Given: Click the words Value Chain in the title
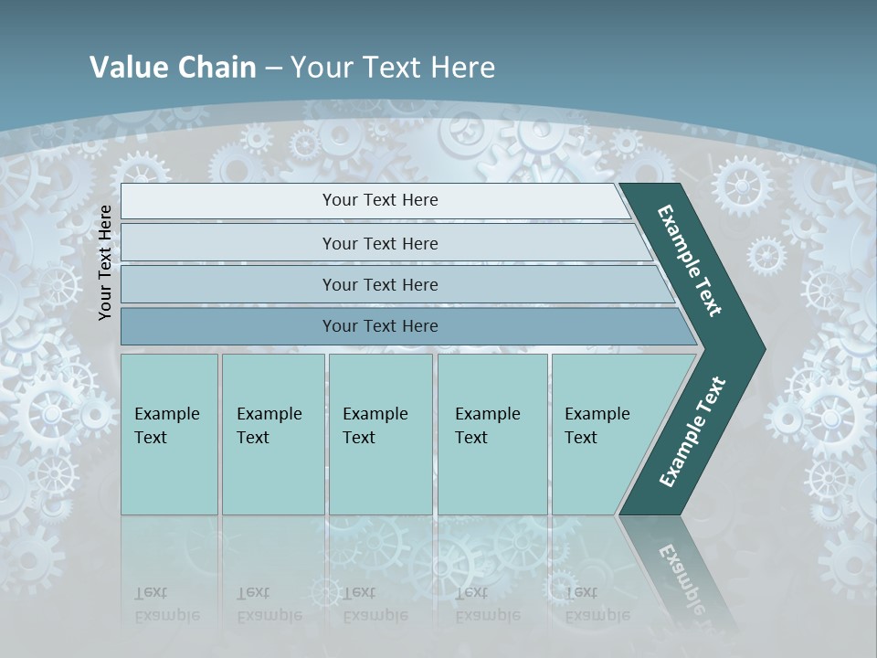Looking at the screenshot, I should pos(173,68).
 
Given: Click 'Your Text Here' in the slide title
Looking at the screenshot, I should pos(393,68).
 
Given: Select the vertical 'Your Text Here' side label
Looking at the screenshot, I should pos(105,262).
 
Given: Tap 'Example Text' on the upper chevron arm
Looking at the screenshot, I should pos(690,260).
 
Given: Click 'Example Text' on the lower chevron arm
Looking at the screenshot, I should pos(692,432).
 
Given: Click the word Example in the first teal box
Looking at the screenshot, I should pos(166,414).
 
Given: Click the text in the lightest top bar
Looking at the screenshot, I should pos(380,200).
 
